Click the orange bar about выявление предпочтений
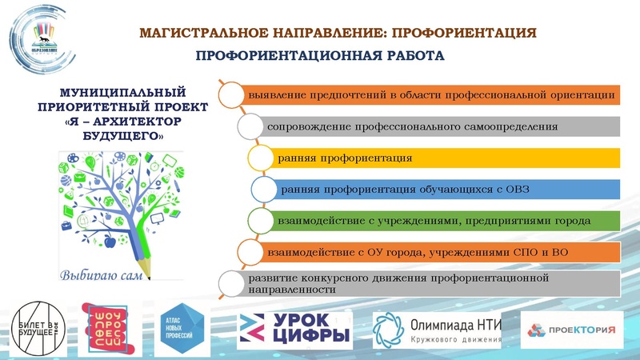(432, 94)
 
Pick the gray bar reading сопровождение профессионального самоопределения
(440, 126)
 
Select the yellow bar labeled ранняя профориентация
(448, 158)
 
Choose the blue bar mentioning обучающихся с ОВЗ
(448, 190)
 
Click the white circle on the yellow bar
(262, 157)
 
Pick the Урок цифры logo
(295, 329)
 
